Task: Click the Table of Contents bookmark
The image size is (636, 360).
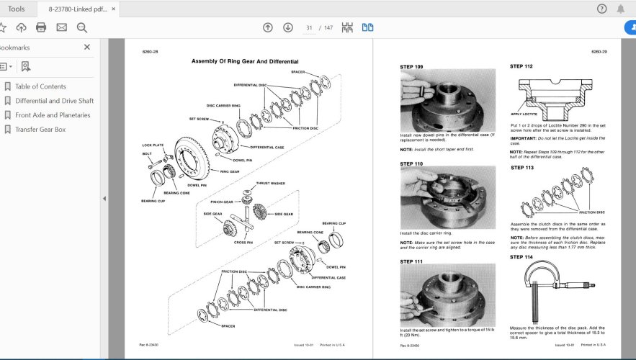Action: pyautogui.click(x=40, y=86)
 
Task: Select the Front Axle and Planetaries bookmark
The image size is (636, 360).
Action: pyautogui.click(x=53, y=115)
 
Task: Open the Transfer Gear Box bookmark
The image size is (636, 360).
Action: pyautogui.click(x=40, y=130)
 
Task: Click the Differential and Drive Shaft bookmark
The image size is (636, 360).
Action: pyautogui.click(x=54, y=101)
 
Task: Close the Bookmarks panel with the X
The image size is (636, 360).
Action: pyautogui.click(x=87, y=48)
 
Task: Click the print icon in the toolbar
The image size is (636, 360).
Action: pyautogui.click(x=41, y=27)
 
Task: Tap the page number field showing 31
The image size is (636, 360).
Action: pyautogui.click(x=310, y=27)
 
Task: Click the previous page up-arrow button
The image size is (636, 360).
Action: pyautogui.click(x=268, y=27)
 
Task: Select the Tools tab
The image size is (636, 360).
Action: pyautogui.click(x=16, y=9)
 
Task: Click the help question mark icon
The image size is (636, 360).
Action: pyautogui.click(x=602, y=9)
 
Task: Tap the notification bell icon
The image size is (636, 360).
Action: pyautogui.click(x=621, y=9)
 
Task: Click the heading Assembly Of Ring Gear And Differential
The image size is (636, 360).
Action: pyautogui.click(x=244, y=62)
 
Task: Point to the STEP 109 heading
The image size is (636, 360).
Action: pyautogui.click(x=411, y=66)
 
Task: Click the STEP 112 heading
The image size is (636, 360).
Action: pyautogui.click(x=521, y=66)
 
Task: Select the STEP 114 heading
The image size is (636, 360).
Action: pyautogui.click(x=521, y=256)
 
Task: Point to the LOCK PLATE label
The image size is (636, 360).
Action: pyautogui.click(x=153, y=145)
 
